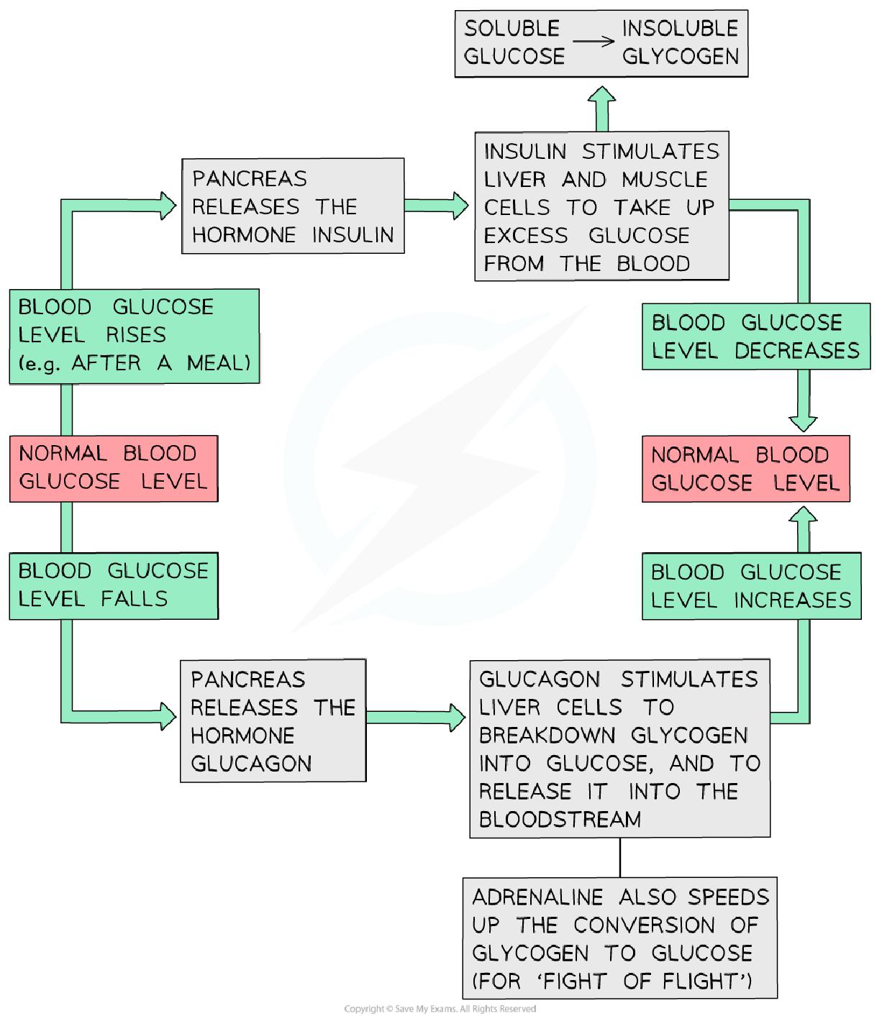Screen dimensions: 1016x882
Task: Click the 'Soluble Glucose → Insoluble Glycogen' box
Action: click(x=601, y=43)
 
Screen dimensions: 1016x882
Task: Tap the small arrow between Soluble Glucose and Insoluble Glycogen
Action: click(x=594, y=41)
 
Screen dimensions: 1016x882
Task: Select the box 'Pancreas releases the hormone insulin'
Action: click(x=293, y=206)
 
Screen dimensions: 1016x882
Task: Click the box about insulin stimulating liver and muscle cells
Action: click(x=601, y=206)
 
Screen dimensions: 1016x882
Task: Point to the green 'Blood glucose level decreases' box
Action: click(x=755, y=336)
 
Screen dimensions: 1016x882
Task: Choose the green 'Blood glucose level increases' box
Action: click(x=751, y=585)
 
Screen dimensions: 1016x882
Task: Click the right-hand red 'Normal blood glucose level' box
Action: click(x=745, y=468)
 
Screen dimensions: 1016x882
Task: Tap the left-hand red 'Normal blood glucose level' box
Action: click(x=113, y=467)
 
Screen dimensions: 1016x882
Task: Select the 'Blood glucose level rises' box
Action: click(x=134, y=335)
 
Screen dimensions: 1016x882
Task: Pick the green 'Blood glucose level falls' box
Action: click(x=113, y=585)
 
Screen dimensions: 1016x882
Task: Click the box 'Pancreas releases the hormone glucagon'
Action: click(x=273, y=720)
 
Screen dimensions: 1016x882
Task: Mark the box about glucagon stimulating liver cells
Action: click(x=619, y=748)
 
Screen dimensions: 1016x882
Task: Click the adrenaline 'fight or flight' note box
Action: click(x=619, y=938)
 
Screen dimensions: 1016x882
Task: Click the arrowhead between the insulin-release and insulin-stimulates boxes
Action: click(x=459, y=206)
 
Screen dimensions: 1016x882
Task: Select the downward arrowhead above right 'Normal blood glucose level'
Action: click(x=803, y=421)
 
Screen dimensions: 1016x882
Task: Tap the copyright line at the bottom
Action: click(x=440, y=1009)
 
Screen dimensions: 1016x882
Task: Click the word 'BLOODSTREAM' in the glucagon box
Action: click(x=560, y=819)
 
